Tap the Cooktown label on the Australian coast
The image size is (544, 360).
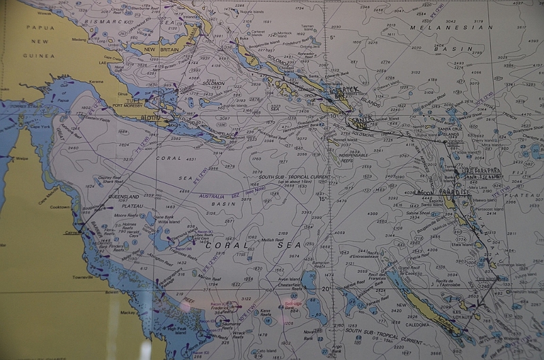(x=61, y=188)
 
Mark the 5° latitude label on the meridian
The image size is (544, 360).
(x=333, y=37)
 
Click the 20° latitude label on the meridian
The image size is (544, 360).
(x=326, y=289)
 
